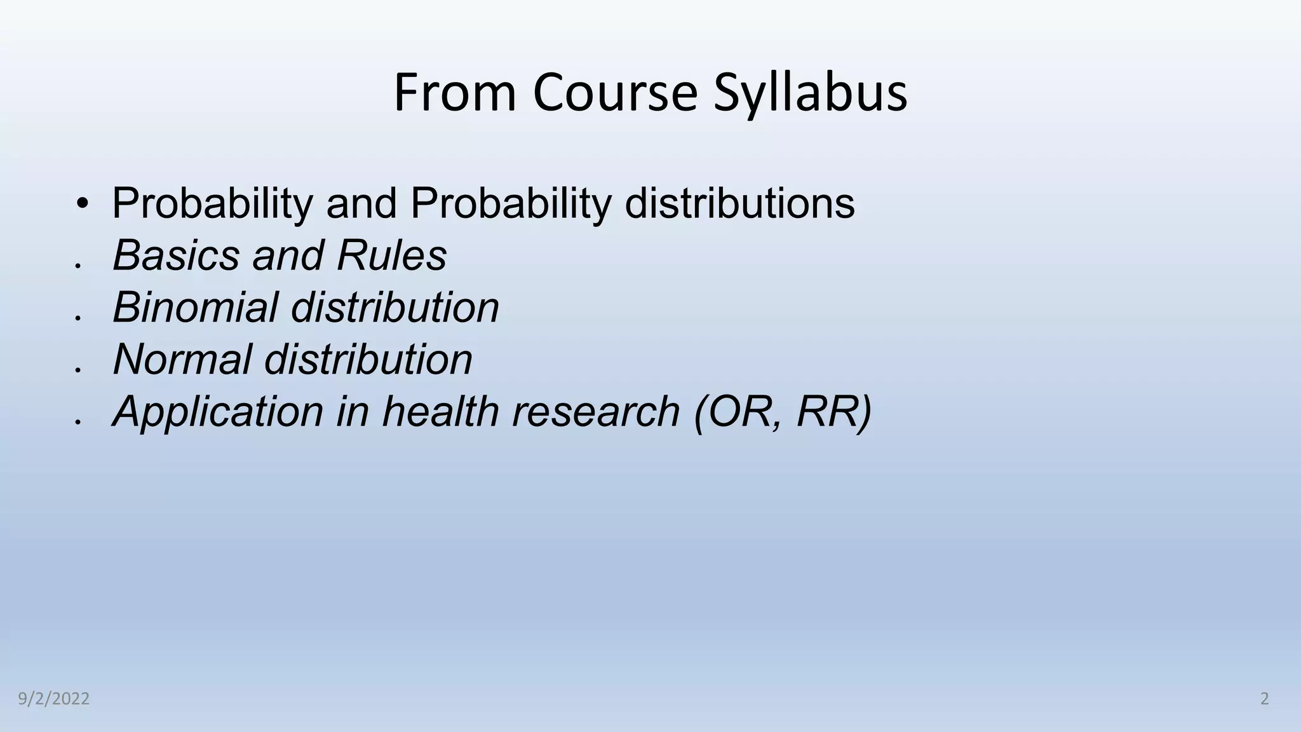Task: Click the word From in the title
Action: coord(455,93)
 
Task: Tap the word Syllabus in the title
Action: coord(810,93)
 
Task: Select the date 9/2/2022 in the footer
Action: coord(54,699)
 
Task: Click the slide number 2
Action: coord(1264,699)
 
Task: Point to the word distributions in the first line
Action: coord(739,203)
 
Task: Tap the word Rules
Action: coord(392,255)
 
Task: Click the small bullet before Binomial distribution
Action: coord(77,317)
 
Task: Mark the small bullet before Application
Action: coord(77,421)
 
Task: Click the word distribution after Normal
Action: coord(368,360)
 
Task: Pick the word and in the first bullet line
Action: coord(361,203)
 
